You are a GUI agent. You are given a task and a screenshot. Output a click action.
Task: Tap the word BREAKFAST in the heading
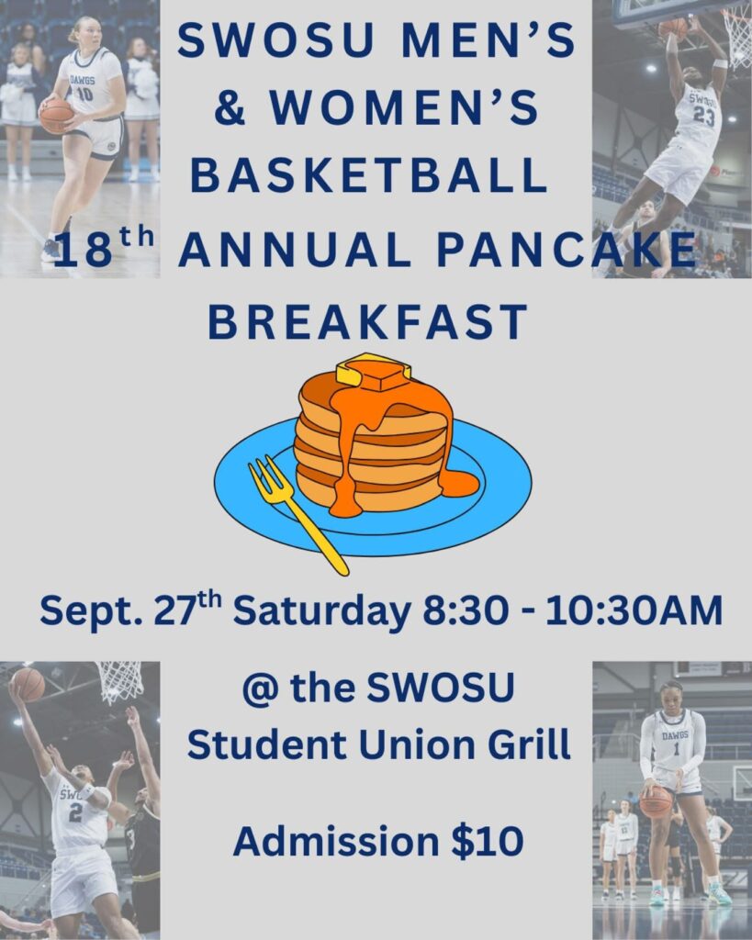pyautogui.click(x=367, y=322)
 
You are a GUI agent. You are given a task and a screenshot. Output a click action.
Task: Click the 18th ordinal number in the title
pyautogui.click(x=98, y=246)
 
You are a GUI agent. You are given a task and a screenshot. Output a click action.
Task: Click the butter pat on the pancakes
pyautogui.click(x=373, y=370)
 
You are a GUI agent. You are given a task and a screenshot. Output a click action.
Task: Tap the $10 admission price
pyautogui.click(x=487, y=841)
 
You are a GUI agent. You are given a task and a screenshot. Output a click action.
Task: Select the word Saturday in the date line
pyautogui.click(x=321, y=611)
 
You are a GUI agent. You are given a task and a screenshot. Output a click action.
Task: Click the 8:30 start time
pyautogui.click(x=466, y=611)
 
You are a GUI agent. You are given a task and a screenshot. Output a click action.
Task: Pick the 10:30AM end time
pyautogui.click(x=634, y=611)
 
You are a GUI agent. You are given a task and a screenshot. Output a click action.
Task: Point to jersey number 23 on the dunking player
pyautogui.click(x=703, y=116)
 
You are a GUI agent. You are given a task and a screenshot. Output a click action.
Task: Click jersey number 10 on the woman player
pyautogui.click(x=84, y=95)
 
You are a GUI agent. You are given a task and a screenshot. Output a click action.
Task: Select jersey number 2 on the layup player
pyautogui.click(x=75, y=812)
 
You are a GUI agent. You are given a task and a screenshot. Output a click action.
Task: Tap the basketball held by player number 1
pyautogui.click(x=657, y=802)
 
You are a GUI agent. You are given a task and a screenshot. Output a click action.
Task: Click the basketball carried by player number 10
pyautogui.click(x=56, y=116)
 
